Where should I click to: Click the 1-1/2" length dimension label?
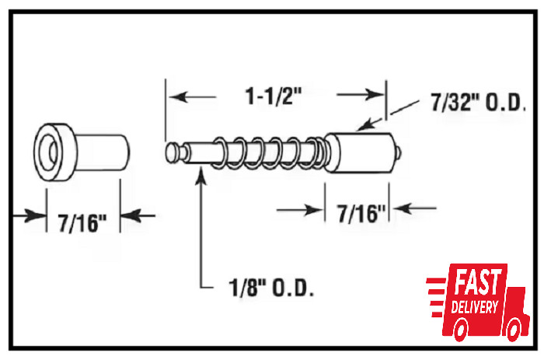click(274, 96)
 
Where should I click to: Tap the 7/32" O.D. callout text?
click(478, 103)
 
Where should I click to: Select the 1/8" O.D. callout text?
click(271, 287)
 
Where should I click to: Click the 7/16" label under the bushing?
click(82, 222)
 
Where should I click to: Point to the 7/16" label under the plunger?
click(361, 213)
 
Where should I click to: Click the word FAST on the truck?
click(478, 281)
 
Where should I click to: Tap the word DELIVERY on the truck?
click(474, 306)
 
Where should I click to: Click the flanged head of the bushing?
click(55, 152)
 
